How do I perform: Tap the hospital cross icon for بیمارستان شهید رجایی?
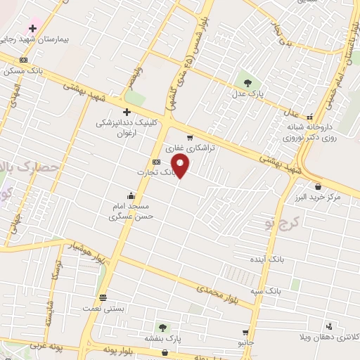point(32,28)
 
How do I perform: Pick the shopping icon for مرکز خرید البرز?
point(319,186)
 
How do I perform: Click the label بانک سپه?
point(268,290)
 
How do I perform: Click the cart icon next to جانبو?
point(245,333)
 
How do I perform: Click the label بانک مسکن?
point(24,70)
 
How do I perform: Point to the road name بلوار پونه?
point(109,350)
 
